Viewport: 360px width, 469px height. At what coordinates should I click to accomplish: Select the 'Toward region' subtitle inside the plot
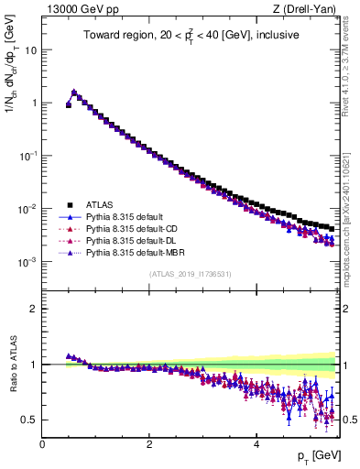pos(190,38)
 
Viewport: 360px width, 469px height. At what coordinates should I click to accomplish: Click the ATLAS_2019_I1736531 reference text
pos(190,274)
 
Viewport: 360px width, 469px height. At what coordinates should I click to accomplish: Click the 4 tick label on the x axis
pos(256,444)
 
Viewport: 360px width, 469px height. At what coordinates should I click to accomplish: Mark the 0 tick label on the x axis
pos(42,444)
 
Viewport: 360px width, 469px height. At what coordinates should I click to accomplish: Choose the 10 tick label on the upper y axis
pos(30,49)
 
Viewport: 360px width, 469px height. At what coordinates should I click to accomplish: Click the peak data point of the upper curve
pos(73,92)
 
